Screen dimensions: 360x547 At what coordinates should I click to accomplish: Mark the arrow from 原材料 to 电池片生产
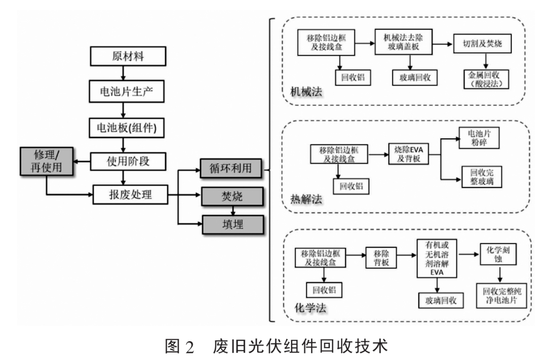point(124,73)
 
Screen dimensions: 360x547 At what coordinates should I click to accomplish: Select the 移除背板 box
point(381,257)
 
